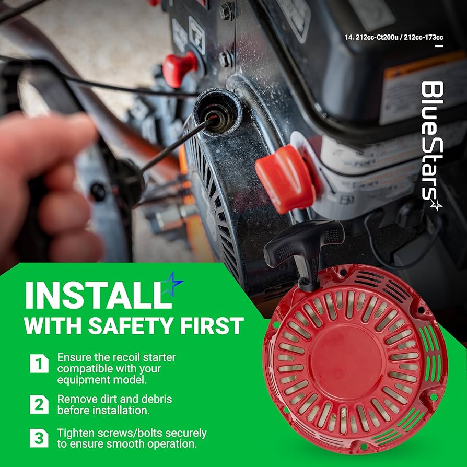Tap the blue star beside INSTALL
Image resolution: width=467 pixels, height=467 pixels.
[173, 284]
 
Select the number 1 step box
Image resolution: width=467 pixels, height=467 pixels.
[39, 363]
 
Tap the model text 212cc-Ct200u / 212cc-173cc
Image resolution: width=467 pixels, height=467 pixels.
[394, 37]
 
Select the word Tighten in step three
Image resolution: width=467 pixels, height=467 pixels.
[77, 434]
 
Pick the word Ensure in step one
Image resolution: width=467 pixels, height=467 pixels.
[75, 358]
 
